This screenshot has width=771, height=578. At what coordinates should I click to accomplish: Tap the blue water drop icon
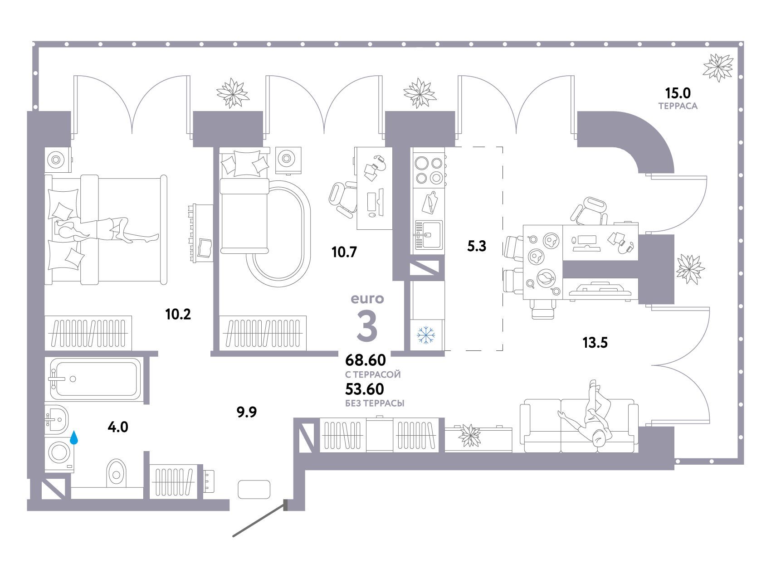coord(74,437)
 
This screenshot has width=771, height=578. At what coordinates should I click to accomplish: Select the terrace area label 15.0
coord(678,93)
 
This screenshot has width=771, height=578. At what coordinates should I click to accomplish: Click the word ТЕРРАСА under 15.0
coord(678,106)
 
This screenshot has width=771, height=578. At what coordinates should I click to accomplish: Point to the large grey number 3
coord(367,326)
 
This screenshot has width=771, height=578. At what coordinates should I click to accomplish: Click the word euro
coord(367,299)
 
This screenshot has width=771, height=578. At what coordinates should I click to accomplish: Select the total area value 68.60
coord(366,360)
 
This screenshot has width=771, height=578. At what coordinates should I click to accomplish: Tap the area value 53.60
coord(365,389)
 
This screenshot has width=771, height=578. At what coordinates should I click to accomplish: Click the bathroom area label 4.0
coord(118,427)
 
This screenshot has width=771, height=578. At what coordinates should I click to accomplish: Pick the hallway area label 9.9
coord(247,412)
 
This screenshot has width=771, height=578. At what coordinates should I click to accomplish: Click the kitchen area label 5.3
coord(477,246)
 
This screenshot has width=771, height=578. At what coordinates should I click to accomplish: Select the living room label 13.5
coord(595,343)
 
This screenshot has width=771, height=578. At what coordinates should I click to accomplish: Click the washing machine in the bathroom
coord(59,452)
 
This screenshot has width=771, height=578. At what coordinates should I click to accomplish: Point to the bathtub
coord(95,379)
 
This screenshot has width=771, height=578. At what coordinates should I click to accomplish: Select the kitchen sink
coord(428,235)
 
